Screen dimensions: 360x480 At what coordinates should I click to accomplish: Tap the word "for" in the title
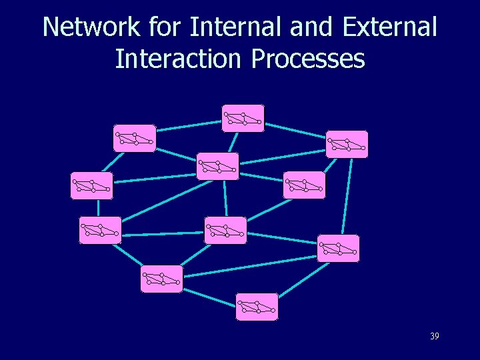[x=165, y=27]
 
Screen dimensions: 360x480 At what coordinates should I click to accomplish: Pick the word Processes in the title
[x=308, y=59]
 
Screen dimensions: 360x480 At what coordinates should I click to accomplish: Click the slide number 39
[x=434, y=337]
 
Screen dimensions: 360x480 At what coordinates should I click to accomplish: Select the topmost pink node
[x=243, y=119]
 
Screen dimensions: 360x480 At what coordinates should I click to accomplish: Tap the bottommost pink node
[x=257, y=307]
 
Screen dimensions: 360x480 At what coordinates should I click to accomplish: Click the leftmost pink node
[x=91, y=186]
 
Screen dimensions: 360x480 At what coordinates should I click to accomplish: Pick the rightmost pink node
[x=347, y=144]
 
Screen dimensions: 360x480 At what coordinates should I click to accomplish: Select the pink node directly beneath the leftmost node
[x=100, y=230]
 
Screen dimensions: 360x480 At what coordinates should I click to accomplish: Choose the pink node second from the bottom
[x=161, y=279]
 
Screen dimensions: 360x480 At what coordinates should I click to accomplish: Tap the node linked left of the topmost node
[x=135, y=138]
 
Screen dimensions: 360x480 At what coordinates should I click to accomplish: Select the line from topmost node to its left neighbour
[x=189, y=128]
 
